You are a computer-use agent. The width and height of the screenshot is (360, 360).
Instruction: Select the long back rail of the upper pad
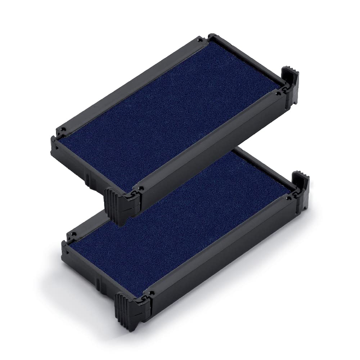[x=133, y=79]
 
